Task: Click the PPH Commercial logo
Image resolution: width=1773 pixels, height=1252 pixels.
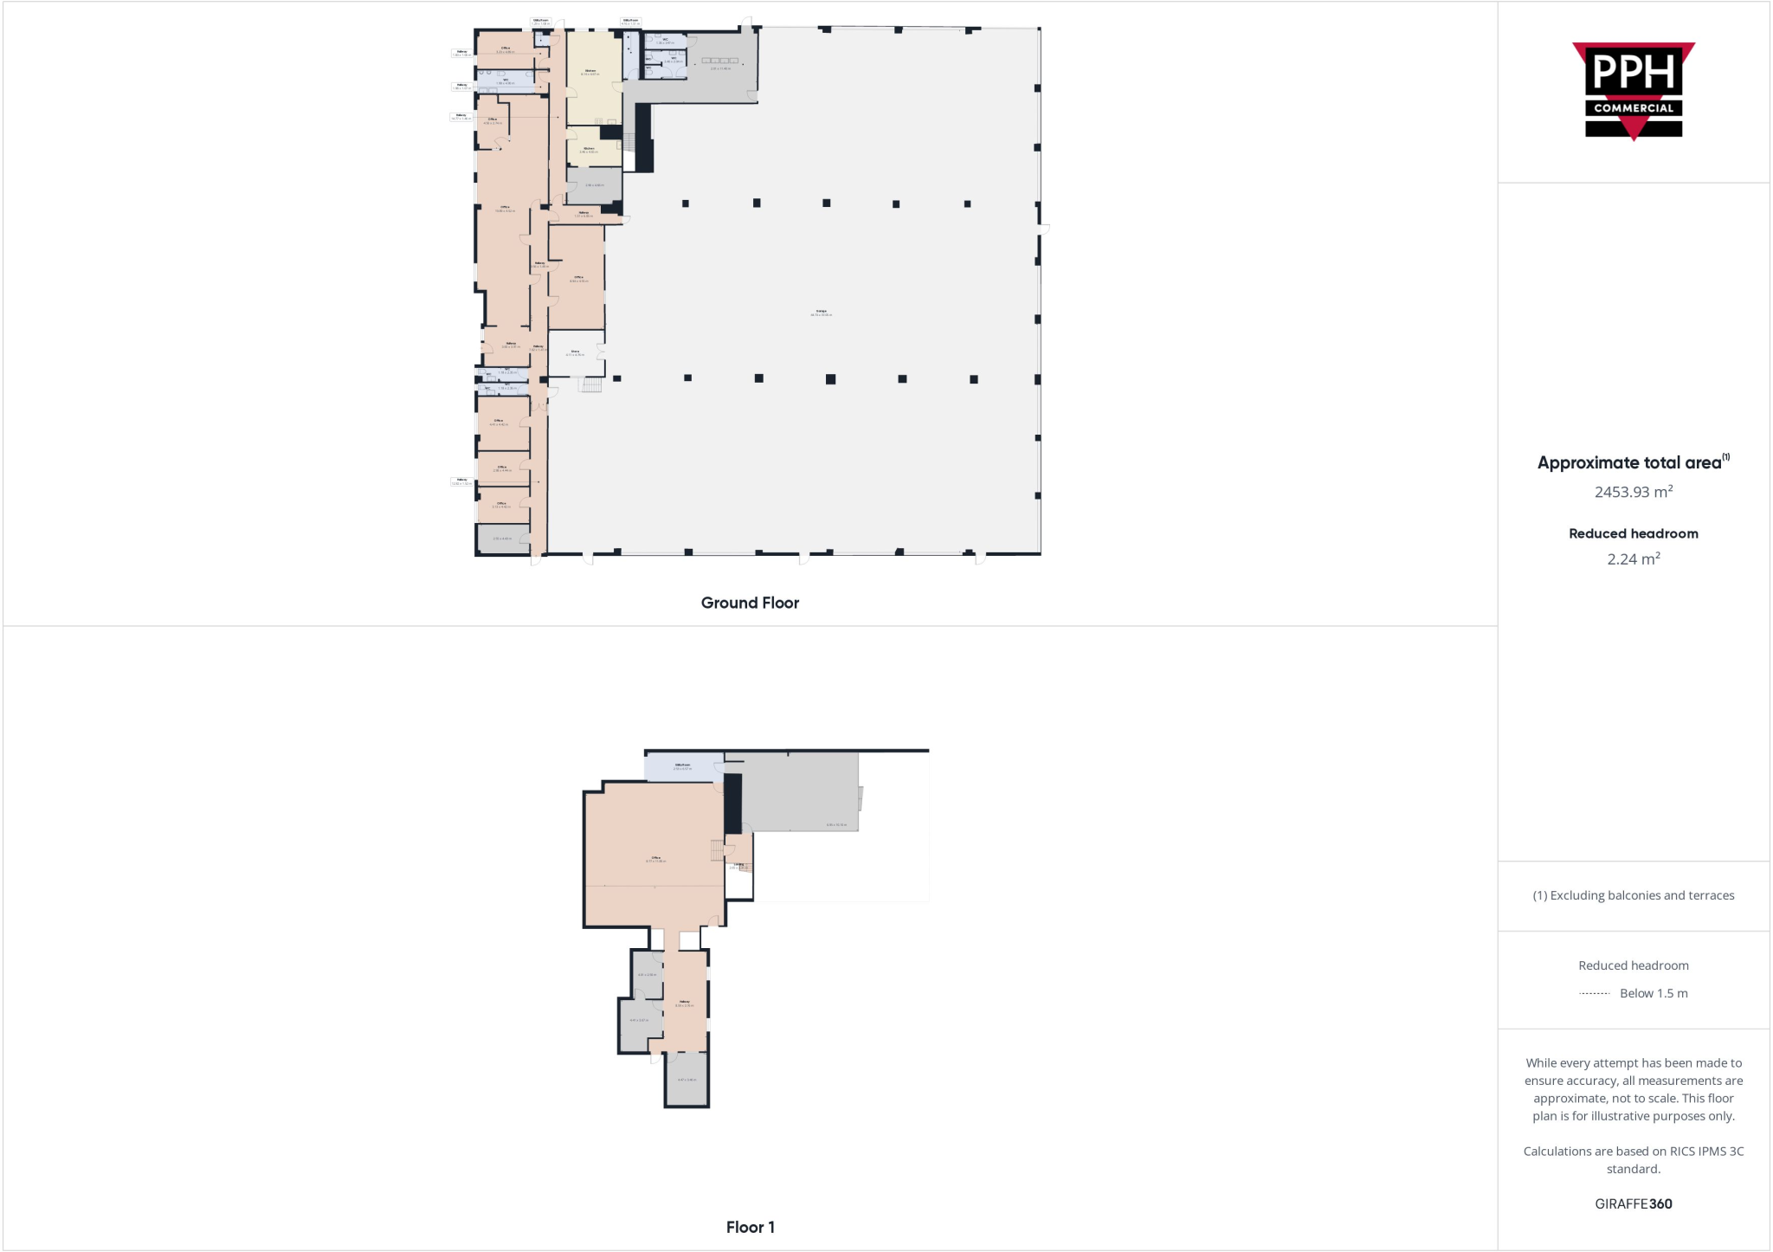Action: pos(1633,91)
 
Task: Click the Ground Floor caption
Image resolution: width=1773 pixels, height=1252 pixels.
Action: pos(750,603)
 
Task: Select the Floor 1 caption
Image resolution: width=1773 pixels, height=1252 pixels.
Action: pos(750,1227)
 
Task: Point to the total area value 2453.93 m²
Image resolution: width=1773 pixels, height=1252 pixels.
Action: pos(1633,492)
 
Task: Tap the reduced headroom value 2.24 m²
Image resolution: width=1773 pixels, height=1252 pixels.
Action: pos(1633,559)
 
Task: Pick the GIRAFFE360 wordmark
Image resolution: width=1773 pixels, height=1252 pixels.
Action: pos(1633,1204)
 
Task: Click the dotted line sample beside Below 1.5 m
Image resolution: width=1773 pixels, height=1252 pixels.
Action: pos(1594,994)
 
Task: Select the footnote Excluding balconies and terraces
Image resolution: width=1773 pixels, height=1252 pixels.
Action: pos(1633,895)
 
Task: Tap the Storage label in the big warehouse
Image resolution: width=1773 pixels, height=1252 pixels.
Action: pos(821,312)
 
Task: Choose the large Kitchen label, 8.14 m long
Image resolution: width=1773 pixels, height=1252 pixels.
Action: pos(590,72)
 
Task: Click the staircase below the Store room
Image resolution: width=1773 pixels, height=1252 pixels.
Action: pos(590,384)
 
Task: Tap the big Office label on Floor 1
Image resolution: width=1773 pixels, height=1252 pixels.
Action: pos(655,859)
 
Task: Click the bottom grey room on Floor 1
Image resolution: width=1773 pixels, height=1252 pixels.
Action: pos(687,1079)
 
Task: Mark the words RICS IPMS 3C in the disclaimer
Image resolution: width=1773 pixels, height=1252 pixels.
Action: pos(1701,1151)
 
